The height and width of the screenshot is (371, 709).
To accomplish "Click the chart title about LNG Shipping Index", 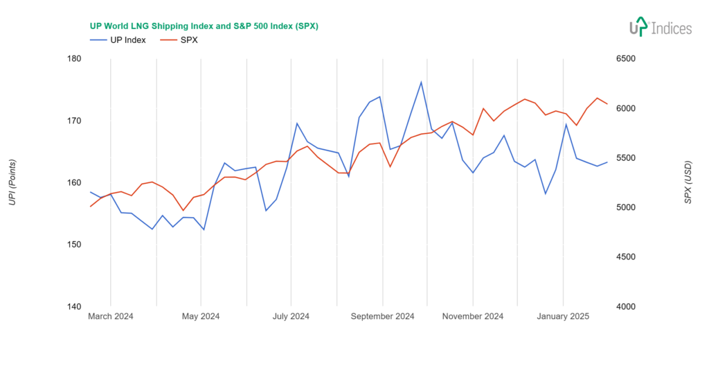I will click(204, 26).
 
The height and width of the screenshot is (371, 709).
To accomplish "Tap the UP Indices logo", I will click(660, 28).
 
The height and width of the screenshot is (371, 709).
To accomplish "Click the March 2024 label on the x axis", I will click(111, 317).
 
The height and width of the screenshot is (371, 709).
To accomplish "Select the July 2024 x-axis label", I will click(291, 317).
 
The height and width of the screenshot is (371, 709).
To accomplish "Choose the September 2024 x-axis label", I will click(382, 317).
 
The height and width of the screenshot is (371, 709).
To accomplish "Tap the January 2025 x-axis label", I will click(563, 317).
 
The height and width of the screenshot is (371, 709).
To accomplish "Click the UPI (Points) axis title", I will click(12, 183).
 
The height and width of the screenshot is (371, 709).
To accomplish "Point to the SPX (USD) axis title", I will click(688, 183).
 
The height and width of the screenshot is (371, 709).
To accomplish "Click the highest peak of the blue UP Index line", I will click(421, 82).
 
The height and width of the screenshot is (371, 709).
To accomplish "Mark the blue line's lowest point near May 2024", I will click(204, 230).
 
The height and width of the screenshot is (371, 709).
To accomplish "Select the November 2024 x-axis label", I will click(473, 317).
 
